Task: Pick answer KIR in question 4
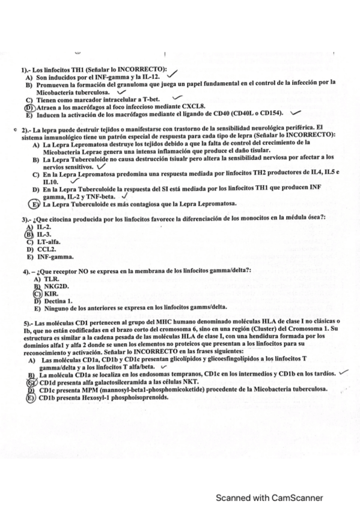(42, 293)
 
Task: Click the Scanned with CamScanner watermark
(270, 497)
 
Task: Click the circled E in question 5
(28, 397)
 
